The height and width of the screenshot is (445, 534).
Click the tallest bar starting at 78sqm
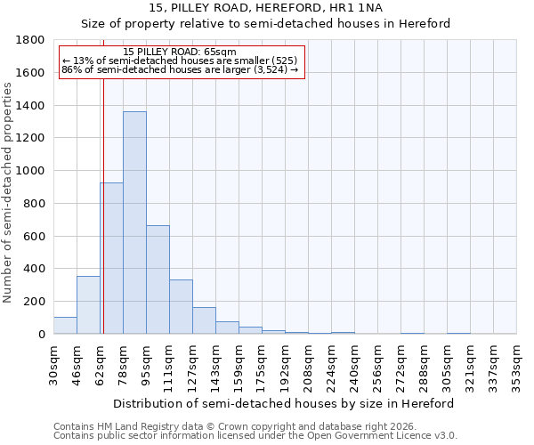pyautogui.click(x=134, y=222)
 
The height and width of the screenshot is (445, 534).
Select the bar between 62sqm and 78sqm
pyautogui.click(x=112, y=258)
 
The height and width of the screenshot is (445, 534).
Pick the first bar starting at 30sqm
pyautogui.click(x=65, y=326)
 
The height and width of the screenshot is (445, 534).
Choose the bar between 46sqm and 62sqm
pyautogui.click(x=88, y=305)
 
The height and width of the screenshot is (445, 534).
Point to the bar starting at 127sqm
pyautogui.click(x=204, y=320)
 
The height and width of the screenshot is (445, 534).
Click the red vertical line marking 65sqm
pyautogui.click(x=103, y=178)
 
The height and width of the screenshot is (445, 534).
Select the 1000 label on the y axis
pyautogui.click(x=31, y=171)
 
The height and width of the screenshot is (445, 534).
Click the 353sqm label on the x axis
pyautogui.click(x=516, y=363)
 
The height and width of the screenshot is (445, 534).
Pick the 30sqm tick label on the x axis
pyautogui.click(x=53, y=363)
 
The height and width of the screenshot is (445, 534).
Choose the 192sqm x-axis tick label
pyautogui.click(x=285, y=363)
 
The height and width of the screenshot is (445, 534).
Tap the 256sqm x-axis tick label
pyautogui.click(x=377, y=363)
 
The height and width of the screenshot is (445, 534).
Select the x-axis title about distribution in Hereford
pyautogui.click(x=285, y=403)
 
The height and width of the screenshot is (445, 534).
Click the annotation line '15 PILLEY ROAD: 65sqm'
pyautogui.click(x=181, y=53)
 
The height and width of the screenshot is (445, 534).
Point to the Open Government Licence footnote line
pyautogui.click(x=255, y=436)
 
